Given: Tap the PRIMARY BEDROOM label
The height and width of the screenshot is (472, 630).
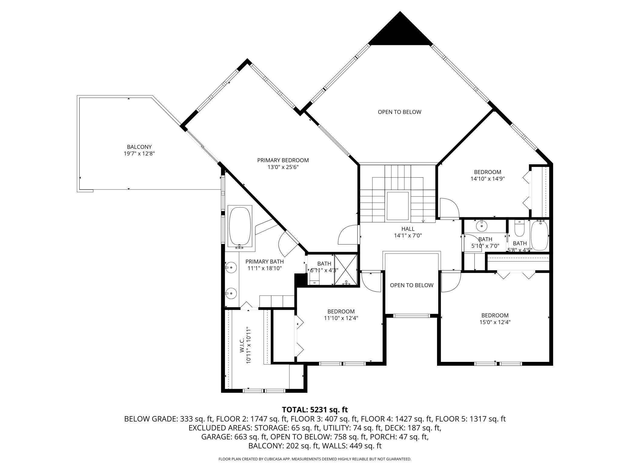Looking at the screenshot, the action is click(283, 160).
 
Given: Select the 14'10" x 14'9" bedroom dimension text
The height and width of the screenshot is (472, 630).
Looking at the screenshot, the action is click(488, 179).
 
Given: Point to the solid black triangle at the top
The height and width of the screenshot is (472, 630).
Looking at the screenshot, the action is click(400, 32).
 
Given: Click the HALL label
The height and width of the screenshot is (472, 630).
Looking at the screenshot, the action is click(408, 229).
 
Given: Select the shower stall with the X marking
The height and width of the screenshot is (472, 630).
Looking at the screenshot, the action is click(346, 270).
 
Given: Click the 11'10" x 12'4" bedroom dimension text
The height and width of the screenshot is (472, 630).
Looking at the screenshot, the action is click(341, 318).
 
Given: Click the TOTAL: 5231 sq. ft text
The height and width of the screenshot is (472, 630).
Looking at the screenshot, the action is click(315, 410).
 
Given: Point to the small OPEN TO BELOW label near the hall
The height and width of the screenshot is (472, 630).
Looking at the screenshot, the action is click(412, 285).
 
